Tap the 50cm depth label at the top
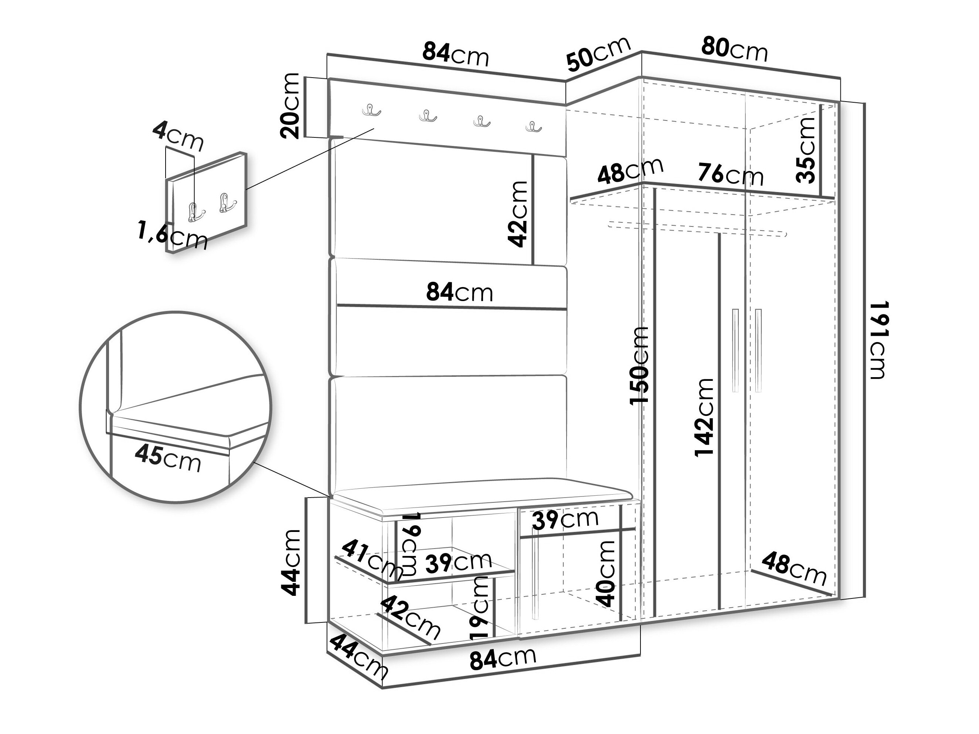pyautogui.click(x=598, y=54)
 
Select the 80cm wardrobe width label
pyautogui.click(x=734, y=49)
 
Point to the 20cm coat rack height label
pyautogui.click(x=290, y=106)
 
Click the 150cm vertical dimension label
pyautogui.click(x=639, y=365)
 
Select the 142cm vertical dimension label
pyautogui.click(x=704, y=417)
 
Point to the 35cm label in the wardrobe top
pyautogui.click(x=805, y=150)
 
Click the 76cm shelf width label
pyautogui.click(x=731, y=174)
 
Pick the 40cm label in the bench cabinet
pyautogui.click(x=605, y=573)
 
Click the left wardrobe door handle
pyautogui.click(x=735, y=350)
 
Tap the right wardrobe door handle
pyautogui.click(x=759, y=350)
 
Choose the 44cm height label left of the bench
pyautogui.click(x=291, y=562)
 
